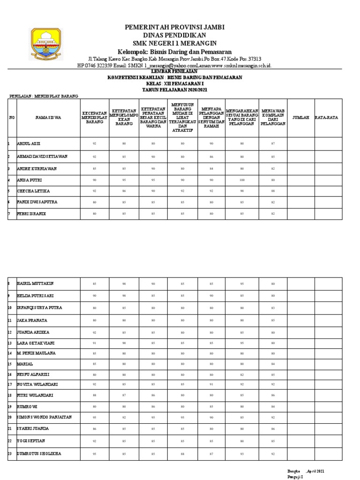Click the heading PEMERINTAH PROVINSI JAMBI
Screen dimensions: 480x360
click(x=174, y=28)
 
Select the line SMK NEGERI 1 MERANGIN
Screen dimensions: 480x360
click(x=174, y=44)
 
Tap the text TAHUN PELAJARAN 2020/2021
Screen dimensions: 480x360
click(x=174, y=89)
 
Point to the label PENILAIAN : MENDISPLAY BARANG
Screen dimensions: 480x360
click(x=44, y=96)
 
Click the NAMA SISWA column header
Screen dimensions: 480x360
click(x=48, y=118)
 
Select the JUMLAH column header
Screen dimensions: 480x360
click(x=300, y=118)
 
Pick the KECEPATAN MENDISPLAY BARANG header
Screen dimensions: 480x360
click(x=96, y=118)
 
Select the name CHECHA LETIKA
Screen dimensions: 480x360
click(x=33, y=191)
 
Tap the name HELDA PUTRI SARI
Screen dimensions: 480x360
click(x=36, y=296)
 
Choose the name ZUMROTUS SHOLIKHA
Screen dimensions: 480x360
click(x=39, y=454)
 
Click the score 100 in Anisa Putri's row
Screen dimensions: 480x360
click(x=242, y=180)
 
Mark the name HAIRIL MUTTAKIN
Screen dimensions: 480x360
click(x=36, y=284)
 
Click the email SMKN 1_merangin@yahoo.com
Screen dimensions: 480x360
click(x=151, y=66)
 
